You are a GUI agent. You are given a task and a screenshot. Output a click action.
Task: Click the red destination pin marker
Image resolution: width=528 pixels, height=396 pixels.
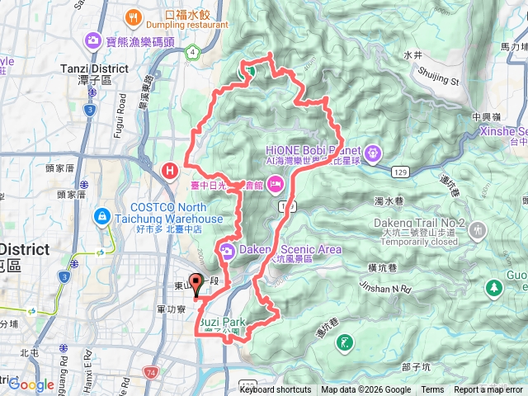pos(196,285)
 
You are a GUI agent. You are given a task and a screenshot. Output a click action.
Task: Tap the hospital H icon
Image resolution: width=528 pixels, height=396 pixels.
pos(170,171)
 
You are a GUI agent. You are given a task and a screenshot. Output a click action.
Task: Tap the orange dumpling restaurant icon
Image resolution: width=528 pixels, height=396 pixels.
pos(133,16)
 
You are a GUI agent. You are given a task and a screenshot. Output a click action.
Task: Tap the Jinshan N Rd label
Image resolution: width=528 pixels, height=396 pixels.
pos(385,287)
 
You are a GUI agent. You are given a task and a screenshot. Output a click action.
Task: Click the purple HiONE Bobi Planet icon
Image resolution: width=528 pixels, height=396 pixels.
pos(373,152)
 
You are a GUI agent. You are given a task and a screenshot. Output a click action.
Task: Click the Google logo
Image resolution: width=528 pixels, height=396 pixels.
pos(31,384)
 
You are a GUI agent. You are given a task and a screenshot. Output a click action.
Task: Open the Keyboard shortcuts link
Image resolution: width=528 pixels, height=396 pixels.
pos(276,390)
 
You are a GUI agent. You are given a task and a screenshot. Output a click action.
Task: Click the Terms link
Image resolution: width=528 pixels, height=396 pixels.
pos(432,390)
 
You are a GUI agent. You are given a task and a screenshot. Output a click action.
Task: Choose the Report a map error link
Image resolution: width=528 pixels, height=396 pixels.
pos(488,390)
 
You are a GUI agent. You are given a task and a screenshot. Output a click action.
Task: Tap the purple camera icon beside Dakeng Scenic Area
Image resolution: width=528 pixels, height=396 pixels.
pos(226,250)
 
